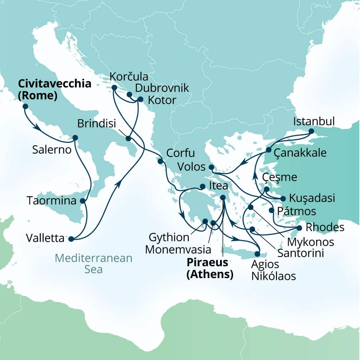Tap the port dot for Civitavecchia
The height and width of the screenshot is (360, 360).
point(25,106)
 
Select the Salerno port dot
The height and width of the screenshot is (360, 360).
point(75,137)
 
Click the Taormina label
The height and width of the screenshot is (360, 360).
point(52,201)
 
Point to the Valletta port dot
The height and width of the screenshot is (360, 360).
point(71,239)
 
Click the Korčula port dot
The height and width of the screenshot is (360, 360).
point(114,87)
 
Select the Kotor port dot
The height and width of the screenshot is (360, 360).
point(140,99)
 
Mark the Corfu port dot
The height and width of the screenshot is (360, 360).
point(160,161)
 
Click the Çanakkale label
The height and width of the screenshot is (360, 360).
point(301,153)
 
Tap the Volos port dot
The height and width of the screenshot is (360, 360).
point(211,167)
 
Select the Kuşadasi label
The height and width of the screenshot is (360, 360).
point(311,198)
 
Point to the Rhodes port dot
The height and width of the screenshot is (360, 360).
point(299,228)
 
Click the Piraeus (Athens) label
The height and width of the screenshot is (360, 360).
point(210,268)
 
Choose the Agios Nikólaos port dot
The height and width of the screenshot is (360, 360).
point(258,254)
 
